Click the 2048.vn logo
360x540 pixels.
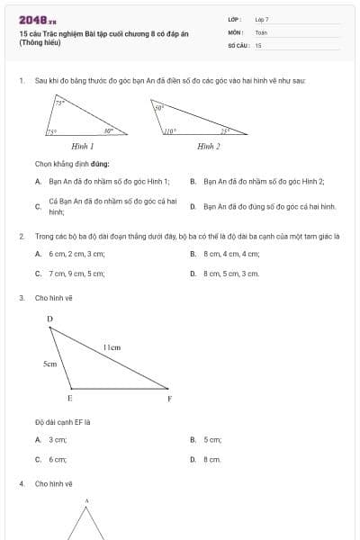pyautogui.click(x=37, y=20)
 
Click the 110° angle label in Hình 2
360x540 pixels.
pyautogui.click(x=169, y=131)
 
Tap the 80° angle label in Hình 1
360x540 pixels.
pyautogui.click(x=108, y=131)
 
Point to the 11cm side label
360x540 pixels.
pyautogui.click(x=112, y=346)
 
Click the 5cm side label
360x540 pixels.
pyautogui.click(x=50, y=364)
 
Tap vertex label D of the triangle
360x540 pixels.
pyautogui.click(x=49, y=319)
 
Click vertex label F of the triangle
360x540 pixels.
pyautogui.click(x=169, y=398)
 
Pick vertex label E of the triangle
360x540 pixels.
pyautogui.click(x=70, y=398)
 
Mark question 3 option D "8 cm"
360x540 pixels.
pyautogui.click(x=211, y=459)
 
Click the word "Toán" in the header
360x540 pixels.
pyautogui.click(x=261, y=31)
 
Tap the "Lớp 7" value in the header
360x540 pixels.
pyautogui.click(x=262, y=19)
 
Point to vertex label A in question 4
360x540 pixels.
pyautogui.click(x=87, y=500)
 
